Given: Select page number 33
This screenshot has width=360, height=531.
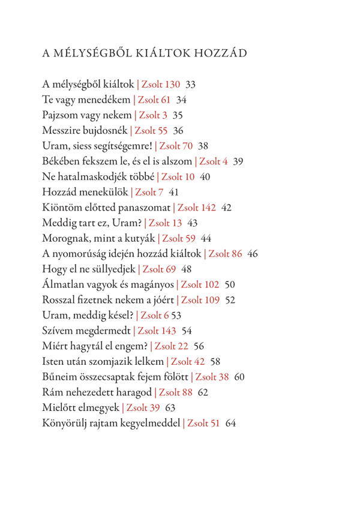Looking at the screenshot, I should pyautogui.click(x=191, y=83).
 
